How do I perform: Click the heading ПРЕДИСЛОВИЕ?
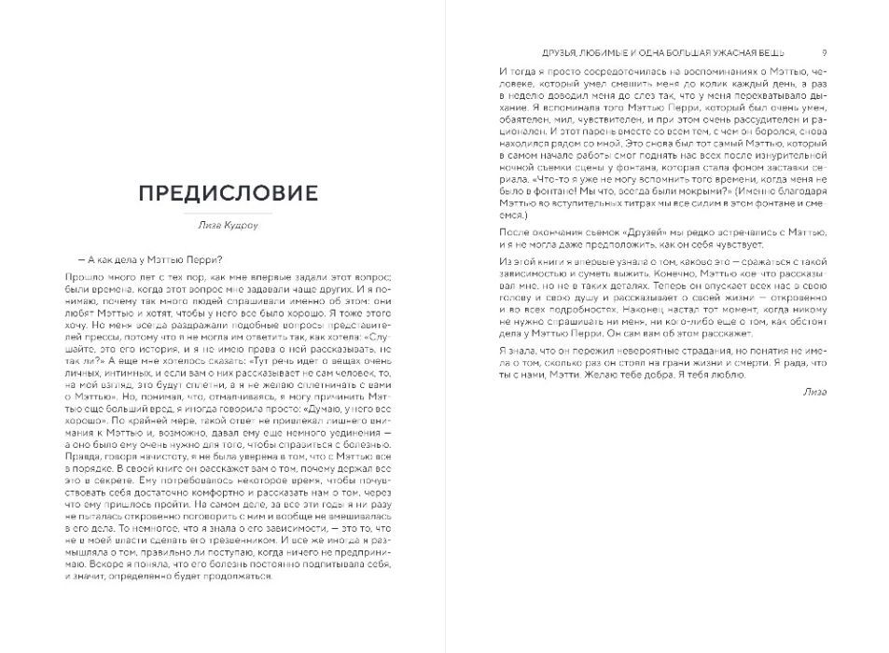(228, 193)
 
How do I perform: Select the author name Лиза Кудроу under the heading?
(228, 224)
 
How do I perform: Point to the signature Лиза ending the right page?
(813, 393)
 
